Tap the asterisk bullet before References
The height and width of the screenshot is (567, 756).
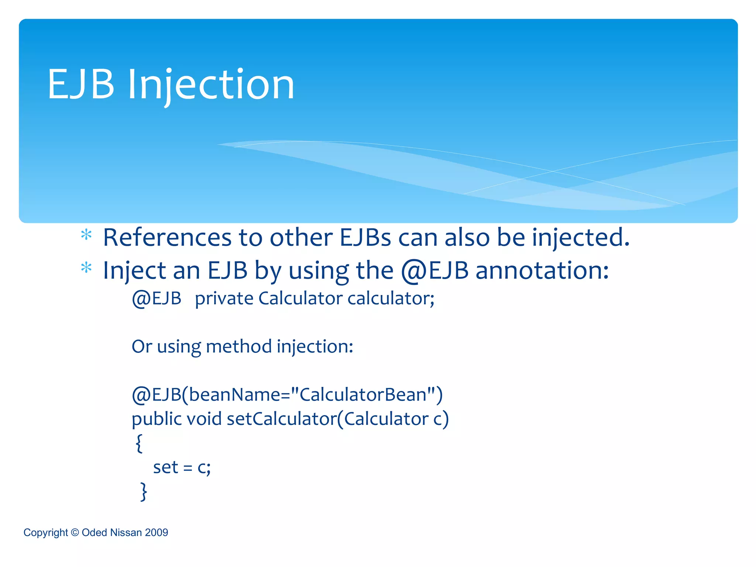(x=86, y=235)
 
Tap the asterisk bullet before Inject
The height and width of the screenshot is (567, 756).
(x=86, y=268)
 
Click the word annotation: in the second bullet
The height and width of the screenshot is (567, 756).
(x=542, y=270)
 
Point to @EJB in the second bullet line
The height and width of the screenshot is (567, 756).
(x=434, y=271)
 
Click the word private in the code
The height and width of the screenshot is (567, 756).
(x=224, y=298)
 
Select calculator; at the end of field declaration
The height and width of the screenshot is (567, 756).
(x=391, y=298)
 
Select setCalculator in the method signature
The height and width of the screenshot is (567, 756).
(x=282, y=419)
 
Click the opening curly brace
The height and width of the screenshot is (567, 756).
(x=139, y=443)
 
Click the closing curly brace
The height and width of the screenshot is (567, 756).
(x=144, y=491)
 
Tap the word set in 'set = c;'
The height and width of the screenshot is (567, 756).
(x=166, y=467)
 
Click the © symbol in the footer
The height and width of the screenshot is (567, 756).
(x=75, y=532)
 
